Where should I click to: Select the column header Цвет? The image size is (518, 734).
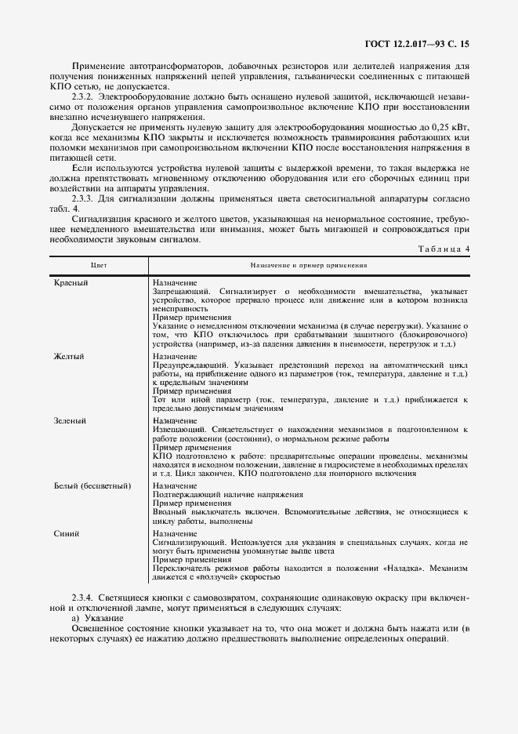[x=100, y=267]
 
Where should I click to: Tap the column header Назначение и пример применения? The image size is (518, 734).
[x=309, y=267]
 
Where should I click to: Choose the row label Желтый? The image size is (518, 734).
[x=69, y=357]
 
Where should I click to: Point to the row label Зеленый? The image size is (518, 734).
[x=70, y=421]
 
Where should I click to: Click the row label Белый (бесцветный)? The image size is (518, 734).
[x=91, y=486]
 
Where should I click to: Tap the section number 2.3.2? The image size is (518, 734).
[x=85, y=95]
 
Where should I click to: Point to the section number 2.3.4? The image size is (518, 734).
[x=85, y=598]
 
